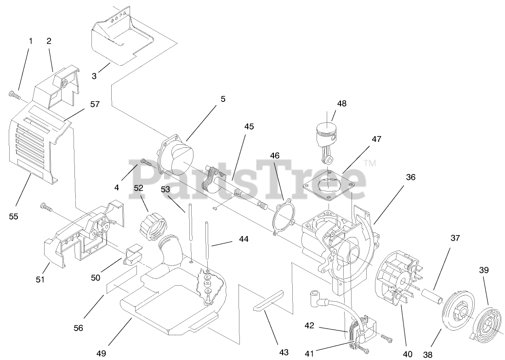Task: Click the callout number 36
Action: (410, 177)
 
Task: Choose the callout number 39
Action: (483, 270)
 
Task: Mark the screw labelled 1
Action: (14, 95)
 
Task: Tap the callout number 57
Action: (95, 104)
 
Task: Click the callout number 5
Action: (223, 99)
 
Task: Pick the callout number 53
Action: (165, 189)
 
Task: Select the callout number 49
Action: (101, 353)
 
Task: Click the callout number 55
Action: (14, 216)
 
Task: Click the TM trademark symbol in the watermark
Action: (370, 163)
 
